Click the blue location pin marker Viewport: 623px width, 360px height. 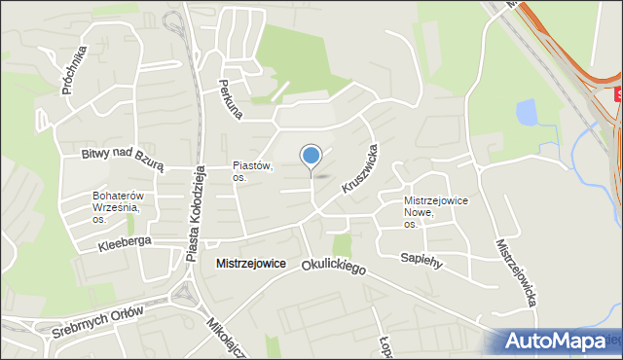pos(311,156)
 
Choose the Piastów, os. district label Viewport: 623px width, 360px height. pos(252,172)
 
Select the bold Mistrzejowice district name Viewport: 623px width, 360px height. pos(250,264)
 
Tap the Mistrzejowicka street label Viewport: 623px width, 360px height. pos(517,273)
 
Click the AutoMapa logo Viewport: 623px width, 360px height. pos(555,342)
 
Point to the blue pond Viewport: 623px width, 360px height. pos(527,114)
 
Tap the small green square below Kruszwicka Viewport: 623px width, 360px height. pos(342,244)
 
